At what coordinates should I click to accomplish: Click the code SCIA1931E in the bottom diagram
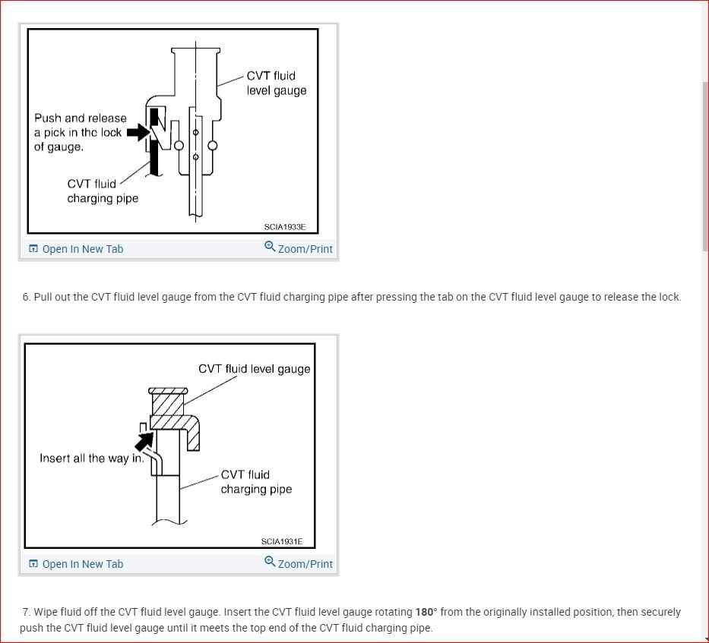pos(281,541)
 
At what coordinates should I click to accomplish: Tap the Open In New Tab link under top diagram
pos(82,249)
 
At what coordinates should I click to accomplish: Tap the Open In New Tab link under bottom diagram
pos(82,564)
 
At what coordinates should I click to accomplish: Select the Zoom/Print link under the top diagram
pos(305,249)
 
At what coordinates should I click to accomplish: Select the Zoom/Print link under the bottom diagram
pos(305,564)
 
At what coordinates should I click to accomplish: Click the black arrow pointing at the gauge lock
pos(138,133)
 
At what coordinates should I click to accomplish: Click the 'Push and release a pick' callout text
pos(80,132)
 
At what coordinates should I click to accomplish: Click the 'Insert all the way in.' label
pos(92,459)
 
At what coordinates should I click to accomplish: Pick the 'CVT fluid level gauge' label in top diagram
pos(276,83)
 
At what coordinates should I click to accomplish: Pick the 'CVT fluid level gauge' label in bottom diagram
pos(254,369)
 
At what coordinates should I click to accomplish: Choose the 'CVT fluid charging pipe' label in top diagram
pos(102,191)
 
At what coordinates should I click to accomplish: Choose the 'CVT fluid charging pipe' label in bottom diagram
pos(256,482)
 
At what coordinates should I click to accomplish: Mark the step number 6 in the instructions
pos(27,297)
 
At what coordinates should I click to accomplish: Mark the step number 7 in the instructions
pos(27,612)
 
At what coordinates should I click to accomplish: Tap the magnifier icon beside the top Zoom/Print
pos(270,247)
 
